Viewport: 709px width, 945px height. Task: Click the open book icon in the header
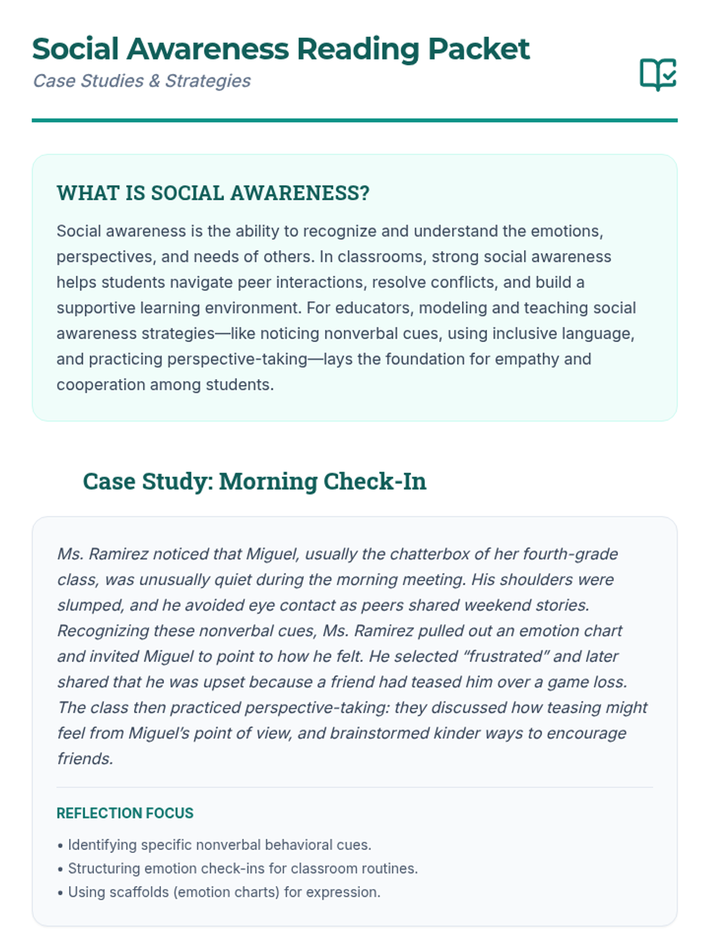(658, 74)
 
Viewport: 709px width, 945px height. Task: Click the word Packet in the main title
(479, 49)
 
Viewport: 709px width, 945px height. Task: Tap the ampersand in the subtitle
(154, 81)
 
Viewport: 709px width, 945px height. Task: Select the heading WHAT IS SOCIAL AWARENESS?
(213, 193)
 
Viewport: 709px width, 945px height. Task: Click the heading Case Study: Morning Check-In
(254, 481)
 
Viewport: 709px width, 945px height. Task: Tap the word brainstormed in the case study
(379, 733)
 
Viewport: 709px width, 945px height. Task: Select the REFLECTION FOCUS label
(125, 813)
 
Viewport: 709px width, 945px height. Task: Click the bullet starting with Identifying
(219, 845)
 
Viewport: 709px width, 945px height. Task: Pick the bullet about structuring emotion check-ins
(242, 869)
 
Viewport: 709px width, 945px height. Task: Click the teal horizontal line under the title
(354, 120)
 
